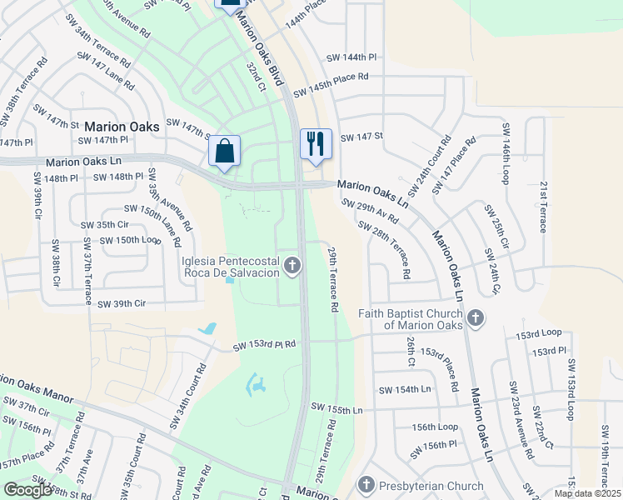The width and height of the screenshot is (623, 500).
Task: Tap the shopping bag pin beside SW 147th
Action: [224, 151]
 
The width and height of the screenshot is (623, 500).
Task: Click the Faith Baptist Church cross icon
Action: [475, 317]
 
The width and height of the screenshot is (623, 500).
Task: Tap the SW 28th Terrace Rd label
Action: [384, 249]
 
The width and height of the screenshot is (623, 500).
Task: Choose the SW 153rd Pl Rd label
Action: [265, 345]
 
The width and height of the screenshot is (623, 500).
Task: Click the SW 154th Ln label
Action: [405, 390]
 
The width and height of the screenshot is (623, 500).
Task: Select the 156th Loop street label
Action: [434, 427]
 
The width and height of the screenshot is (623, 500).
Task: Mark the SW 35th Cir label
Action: [105, 225]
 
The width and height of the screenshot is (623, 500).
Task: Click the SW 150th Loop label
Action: [130, 240]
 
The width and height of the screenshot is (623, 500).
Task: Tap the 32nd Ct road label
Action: [255, 74]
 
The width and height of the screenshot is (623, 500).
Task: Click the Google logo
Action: [27, 490]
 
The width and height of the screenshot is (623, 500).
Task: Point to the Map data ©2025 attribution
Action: [586, 493]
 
